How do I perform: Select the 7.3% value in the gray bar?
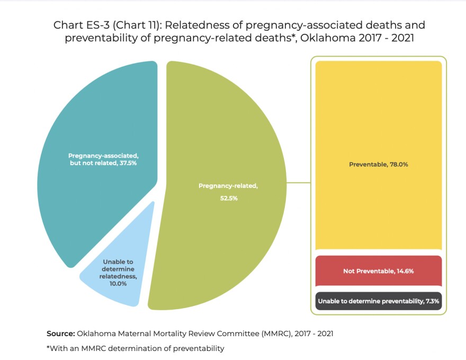coord(432,301)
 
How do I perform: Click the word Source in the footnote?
coord(60,334)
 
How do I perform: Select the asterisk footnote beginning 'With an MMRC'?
coord(136,348)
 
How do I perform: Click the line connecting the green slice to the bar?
coord(298,184)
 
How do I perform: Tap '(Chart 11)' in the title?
coord(133,25)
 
